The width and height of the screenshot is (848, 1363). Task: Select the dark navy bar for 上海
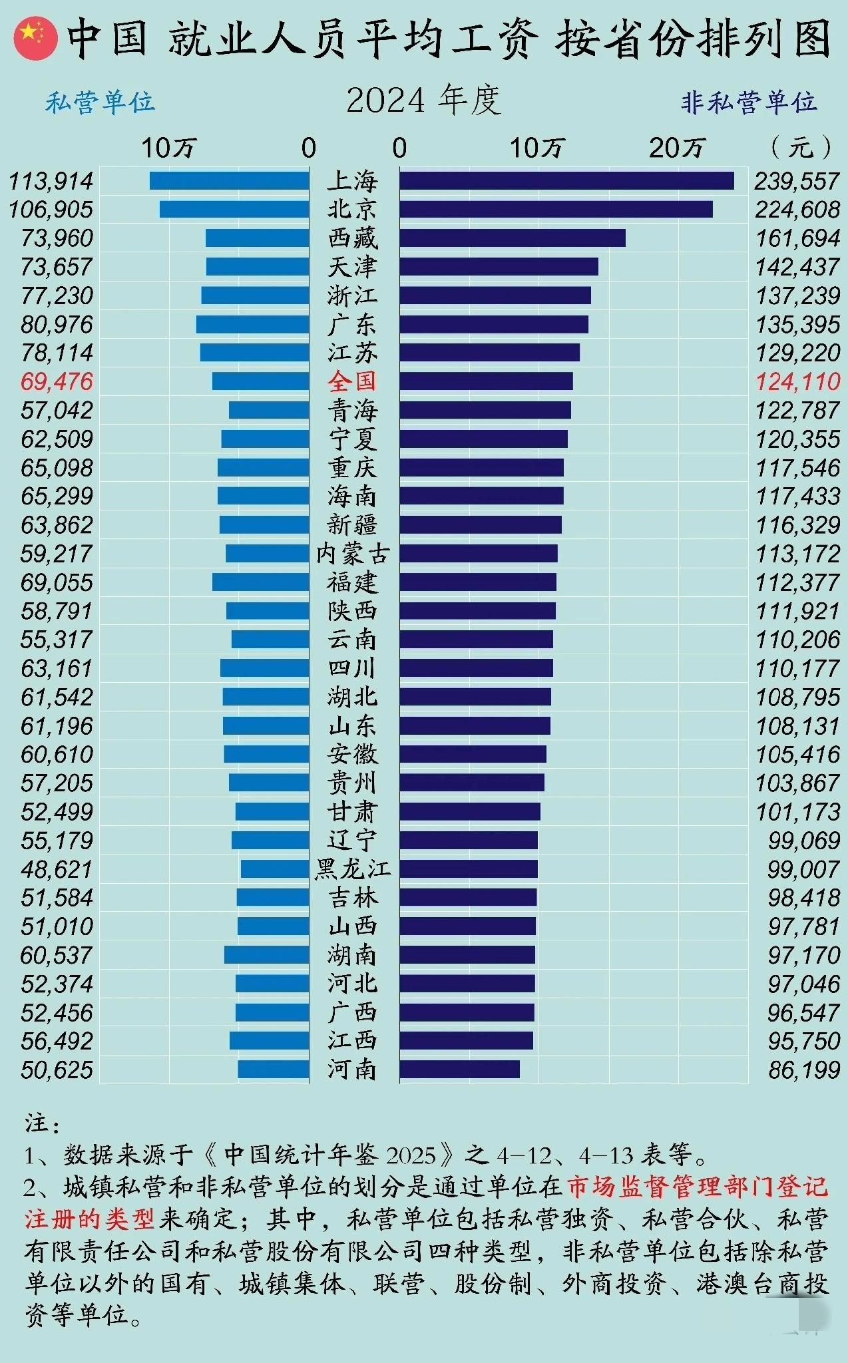click(x=566, y=181)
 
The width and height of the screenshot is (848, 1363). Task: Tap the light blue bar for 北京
click(x=234, y=210)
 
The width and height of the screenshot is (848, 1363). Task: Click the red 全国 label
click(x=352, y=381)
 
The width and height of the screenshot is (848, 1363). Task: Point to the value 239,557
click(x=797, y=181)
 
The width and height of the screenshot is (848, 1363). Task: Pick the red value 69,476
click(x=57, y=382)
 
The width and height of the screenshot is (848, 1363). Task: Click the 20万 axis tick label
click(x=677, y=148)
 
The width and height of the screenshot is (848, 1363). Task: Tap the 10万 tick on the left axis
click(x=168, y=148)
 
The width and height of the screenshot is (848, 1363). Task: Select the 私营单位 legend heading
click(x=100, y=102)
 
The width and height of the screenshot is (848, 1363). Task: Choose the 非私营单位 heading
click(x=748, y=102)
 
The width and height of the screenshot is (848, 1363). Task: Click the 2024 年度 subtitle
click(x=423, y=101)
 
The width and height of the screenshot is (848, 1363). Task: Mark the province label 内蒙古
click(x=352, y=554)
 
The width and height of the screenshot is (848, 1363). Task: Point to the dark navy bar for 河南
click(x=459, y=1070)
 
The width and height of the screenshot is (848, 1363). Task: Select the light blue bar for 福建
click(x=260, y=582)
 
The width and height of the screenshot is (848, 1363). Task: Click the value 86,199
click(x=803, y=1070)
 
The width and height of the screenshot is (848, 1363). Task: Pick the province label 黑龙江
click(x=352, y=869)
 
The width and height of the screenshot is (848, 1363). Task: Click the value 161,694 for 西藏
click(x=797, y=238)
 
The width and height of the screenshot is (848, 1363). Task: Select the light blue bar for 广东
click(x=252, y=324)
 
